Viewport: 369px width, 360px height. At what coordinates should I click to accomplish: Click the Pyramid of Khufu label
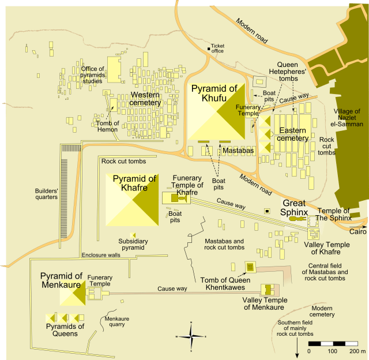click(x=214, y=93)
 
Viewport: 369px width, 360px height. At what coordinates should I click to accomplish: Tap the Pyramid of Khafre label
click(x=134, y=183)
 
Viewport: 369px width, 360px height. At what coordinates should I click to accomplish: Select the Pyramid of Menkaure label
click(x=62, y=280)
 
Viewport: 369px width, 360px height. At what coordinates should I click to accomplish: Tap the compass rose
click(x=191, y=335)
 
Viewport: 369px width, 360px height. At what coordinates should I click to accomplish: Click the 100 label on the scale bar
click(x=332, y=351)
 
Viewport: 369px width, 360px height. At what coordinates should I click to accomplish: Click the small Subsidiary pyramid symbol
click(x=134, y=235)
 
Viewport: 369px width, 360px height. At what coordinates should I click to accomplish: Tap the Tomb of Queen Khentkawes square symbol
click(x=250, y=267)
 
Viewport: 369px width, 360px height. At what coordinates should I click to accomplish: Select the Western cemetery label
click(x=145, y=99)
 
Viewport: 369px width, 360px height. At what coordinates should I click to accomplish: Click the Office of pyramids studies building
click(x=115, y=69)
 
